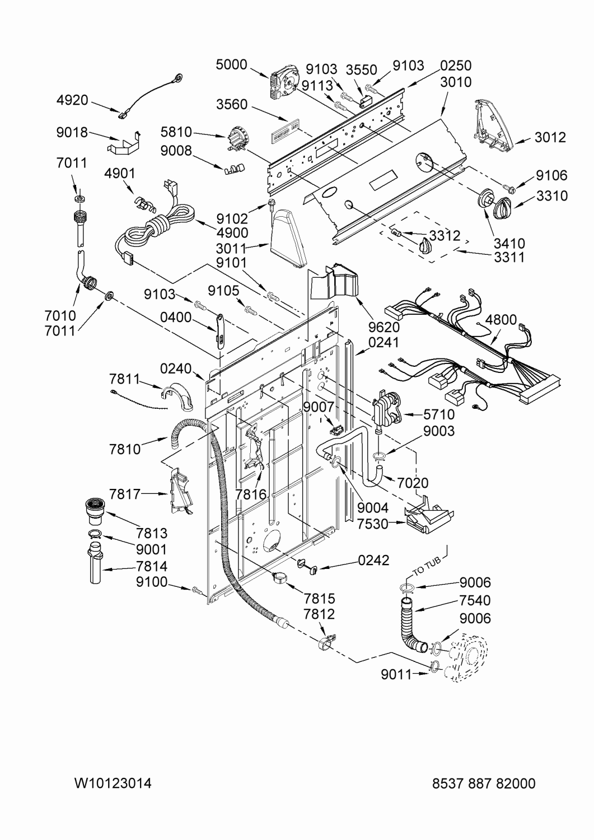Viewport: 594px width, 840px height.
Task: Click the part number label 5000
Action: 231,65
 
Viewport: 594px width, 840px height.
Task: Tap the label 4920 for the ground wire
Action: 72,100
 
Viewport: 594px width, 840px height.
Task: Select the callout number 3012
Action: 550,137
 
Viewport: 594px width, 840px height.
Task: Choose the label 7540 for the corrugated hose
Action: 475,600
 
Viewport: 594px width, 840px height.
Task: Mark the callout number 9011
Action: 396,674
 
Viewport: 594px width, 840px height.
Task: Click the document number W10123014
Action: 113,783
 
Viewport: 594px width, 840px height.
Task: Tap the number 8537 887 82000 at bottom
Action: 484,783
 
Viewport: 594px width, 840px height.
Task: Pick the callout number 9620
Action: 384,327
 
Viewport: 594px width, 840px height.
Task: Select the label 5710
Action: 439,415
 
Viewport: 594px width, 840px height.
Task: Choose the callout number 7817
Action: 125,494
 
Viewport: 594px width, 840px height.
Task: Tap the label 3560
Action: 232,105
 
